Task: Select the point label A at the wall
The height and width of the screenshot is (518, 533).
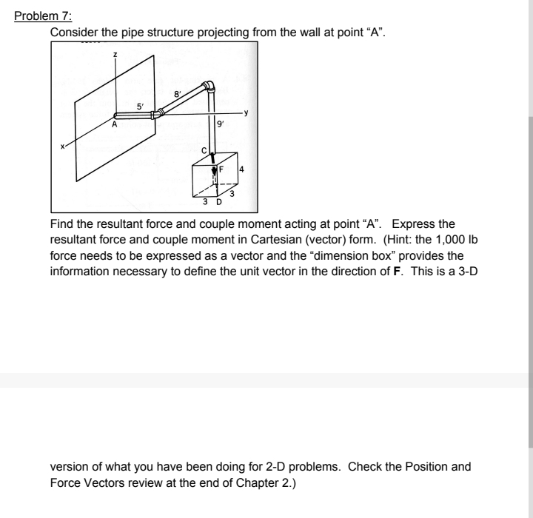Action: [x=114, y=126]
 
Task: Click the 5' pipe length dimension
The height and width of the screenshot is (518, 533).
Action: [x=130, y=105]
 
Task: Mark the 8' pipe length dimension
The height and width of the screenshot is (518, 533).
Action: [x=176, y=94]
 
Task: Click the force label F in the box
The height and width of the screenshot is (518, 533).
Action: [x=220, y=169]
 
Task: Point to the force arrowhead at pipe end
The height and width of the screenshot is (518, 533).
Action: [x=212, y=163]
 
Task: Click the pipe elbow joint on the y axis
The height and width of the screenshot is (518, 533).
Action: [x=156, y=114]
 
